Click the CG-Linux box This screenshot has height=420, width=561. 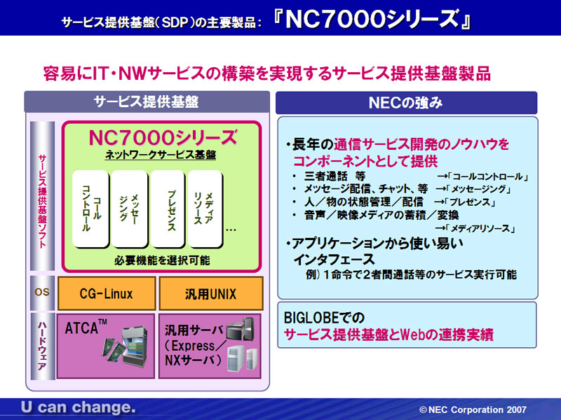pyautogui.click(x=107, y=293)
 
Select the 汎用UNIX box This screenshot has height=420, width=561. pyautogui.click(x=211, y=293)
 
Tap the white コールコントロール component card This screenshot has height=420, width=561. pyautogui.click(x=90, y=209)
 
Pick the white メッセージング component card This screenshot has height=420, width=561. pyautogui.click(x=129, y=209)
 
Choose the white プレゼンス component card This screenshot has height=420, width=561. pyautogui.click(x=168, y=209)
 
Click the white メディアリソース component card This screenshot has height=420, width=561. pyautogui.click(x=205, y=209)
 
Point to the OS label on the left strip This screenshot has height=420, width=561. pyautogui.click(x=42, y=292)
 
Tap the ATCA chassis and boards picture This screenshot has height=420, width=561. pyautogui.click(x=125, y=346)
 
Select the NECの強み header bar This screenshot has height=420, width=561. pyautogui.click(x=407, y=103)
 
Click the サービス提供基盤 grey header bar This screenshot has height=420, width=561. pyautogui.click(x=147, y=101)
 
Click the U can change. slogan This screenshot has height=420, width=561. pyautogui.click(x=79, y=407)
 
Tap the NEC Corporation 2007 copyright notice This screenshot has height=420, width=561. pyautogui.click(x=473, y=409)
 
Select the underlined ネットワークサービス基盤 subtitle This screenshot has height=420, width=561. pyautogui.click(x=161, y=155)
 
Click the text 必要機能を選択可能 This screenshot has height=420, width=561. pyautogui.click(x=162, y=260)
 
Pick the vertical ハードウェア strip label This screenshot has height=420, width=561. pyautogui.click(x=42, y=346)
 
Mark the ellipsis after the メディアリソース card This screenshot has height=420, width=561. pyautogui.click(x=231, y=230)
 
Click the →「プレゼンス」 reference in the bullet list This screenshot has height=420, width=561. pyautogui.click(x=466, y=202)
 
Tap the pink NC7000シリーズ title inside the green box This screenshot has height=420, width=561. pyautogui.click(x=163, y=138)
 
